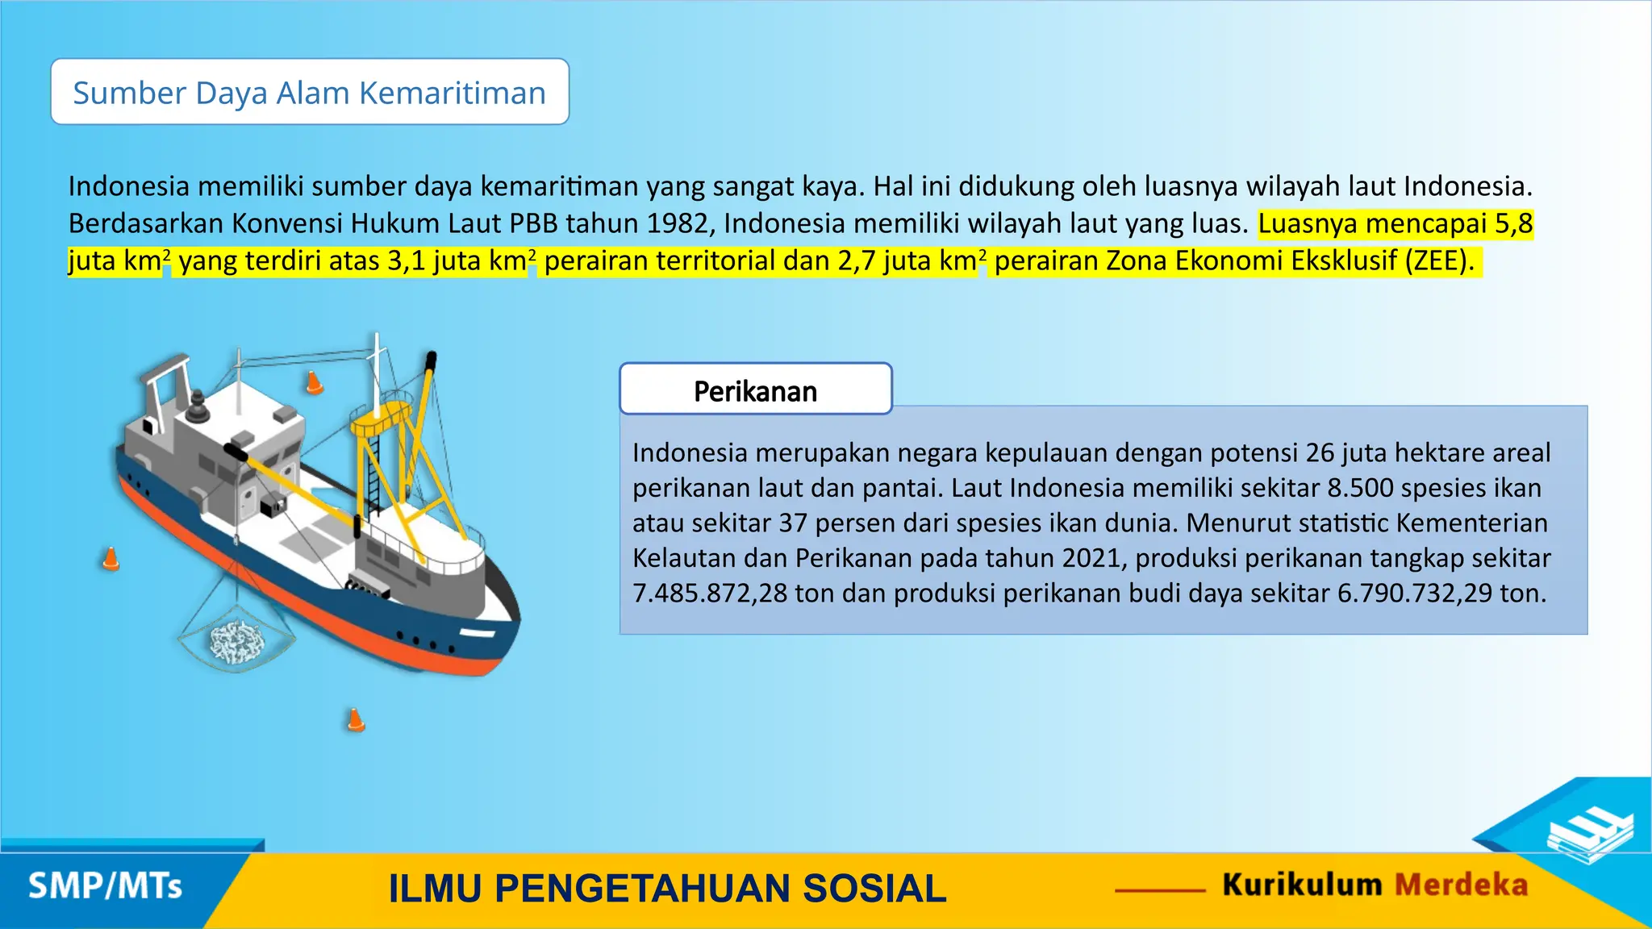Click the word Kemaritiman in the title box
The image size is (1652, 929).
[x=452, y=93]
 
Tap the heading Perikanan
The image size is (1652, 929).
[x=755, y=391]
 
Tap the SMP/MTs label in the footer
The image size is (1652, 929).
[x=105, y=886]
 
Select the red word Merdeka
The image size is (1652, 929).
[x=1461, y=885]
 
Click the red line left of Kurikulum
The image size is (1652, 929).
[x=1160, y=890]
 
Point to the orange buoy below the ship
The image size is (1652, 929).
[x=355, y=719]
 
